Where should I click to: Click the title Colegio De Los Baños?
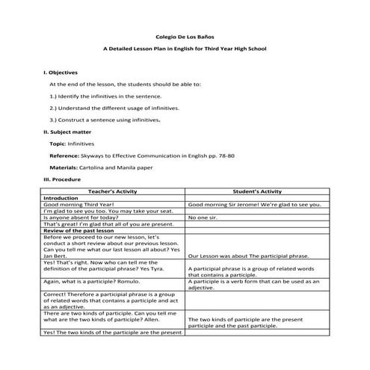[185, 35]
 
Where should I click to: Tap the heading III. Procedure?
[61, 179]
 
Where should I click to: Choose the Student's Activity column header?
[256, 191]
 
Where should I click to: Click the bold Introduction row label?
[67, 198]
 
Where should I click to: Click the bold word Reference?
[64, 155]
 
